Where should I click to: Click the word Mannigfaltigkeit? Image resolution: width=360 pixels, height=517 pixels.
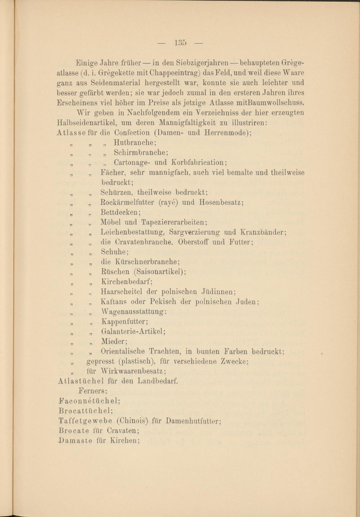(x=166, y=123)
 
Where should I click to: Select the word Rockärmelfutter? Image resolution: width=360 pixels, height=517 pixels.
(x=128, y=203)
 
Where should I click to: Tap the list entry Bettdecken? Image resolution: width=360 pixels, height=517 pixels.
(x=121, y=213)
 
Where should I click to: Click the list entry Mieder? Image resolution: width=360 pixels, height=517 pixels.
(x=114, y=341)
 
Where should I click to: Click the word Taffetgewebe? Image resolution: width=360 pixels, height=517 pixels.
(x=85, y=421)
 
